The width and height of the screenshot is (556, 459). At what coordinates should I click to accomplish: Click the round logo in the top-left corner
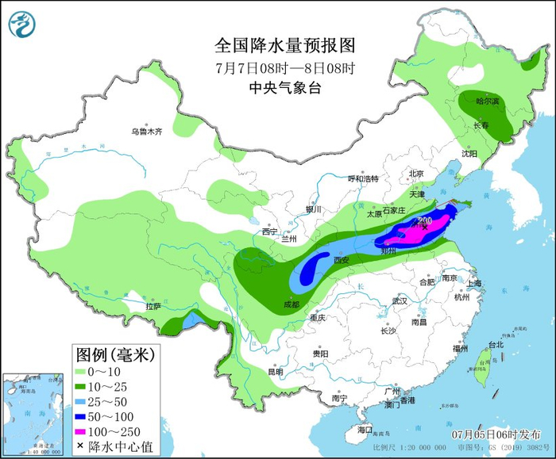click(23, 24)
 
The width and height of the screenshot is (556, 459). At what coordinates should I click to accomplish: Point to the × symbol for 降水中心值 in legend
click(81, 446)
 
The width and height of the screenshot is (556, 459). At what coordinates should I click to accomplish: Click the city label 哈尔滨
click(487, 101)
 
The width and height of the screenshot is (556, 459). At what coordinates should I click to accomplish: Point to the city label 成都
click(291, 304)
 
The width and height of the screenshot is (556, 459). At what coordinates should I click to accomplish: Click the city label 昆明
click(275, 371)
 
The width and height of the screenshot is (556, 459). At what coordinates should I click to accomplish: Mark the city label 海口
click(365, 429)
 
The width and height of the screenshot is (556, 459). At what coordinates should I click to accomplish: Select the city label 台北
click(496, 345)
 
